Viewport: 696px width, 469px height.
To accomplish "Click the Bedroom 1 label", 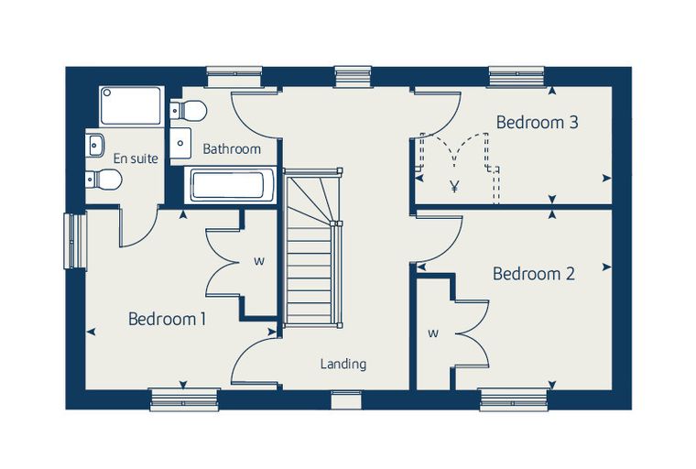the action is tap(167, 319).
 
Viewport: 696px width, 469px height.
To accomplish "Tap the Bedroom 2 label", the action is tap(534, 274).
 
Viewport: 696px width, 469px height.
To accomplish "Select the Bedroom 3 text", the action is tap(537, 122).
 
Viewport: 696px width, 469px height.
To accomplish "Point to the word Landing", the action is tap(343, 365).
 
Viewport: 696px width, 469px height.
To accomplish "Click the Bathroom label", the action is tap(232, 148).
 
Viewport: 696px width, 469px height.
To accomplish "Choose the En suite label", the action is tap(136, 158).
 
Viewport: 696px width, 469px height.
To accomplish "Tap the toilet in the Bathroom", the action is tap(189, 110).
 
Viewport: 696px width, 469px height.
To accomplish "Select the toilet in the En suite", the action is tap(103, 180).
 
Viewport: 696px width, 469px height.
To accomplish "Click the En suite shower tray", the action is tap(131, 105).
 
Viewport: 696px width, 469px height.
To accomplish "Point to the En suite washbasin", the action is tap(94, 145).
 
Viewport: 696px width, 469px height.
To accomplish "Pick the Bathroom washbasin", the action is tap(180, 143).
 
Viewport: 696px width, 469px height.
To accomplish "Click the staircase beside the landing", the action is tap(312, 248).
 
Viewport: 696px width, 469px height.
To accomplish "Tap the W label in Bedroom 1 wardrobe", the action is tap(259, 262).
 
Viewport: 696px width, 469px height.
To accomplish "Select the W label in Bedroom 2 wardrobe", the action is tap(433, 333).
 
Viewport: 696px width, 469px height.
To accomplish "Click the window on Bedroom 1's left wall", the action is tap(75, 241).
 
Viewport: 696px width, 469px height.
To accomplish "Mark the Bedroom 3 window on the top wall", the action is tap(517, 76).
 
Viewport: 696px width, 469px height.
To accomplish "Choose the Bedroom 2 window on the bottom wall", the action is tap(513, 399).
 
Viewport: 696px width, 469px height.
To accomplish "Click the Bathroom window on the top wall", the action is tap(234, 76).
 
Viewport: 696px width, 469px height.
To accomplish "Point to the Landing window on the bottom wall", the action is tap(347, 399).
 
